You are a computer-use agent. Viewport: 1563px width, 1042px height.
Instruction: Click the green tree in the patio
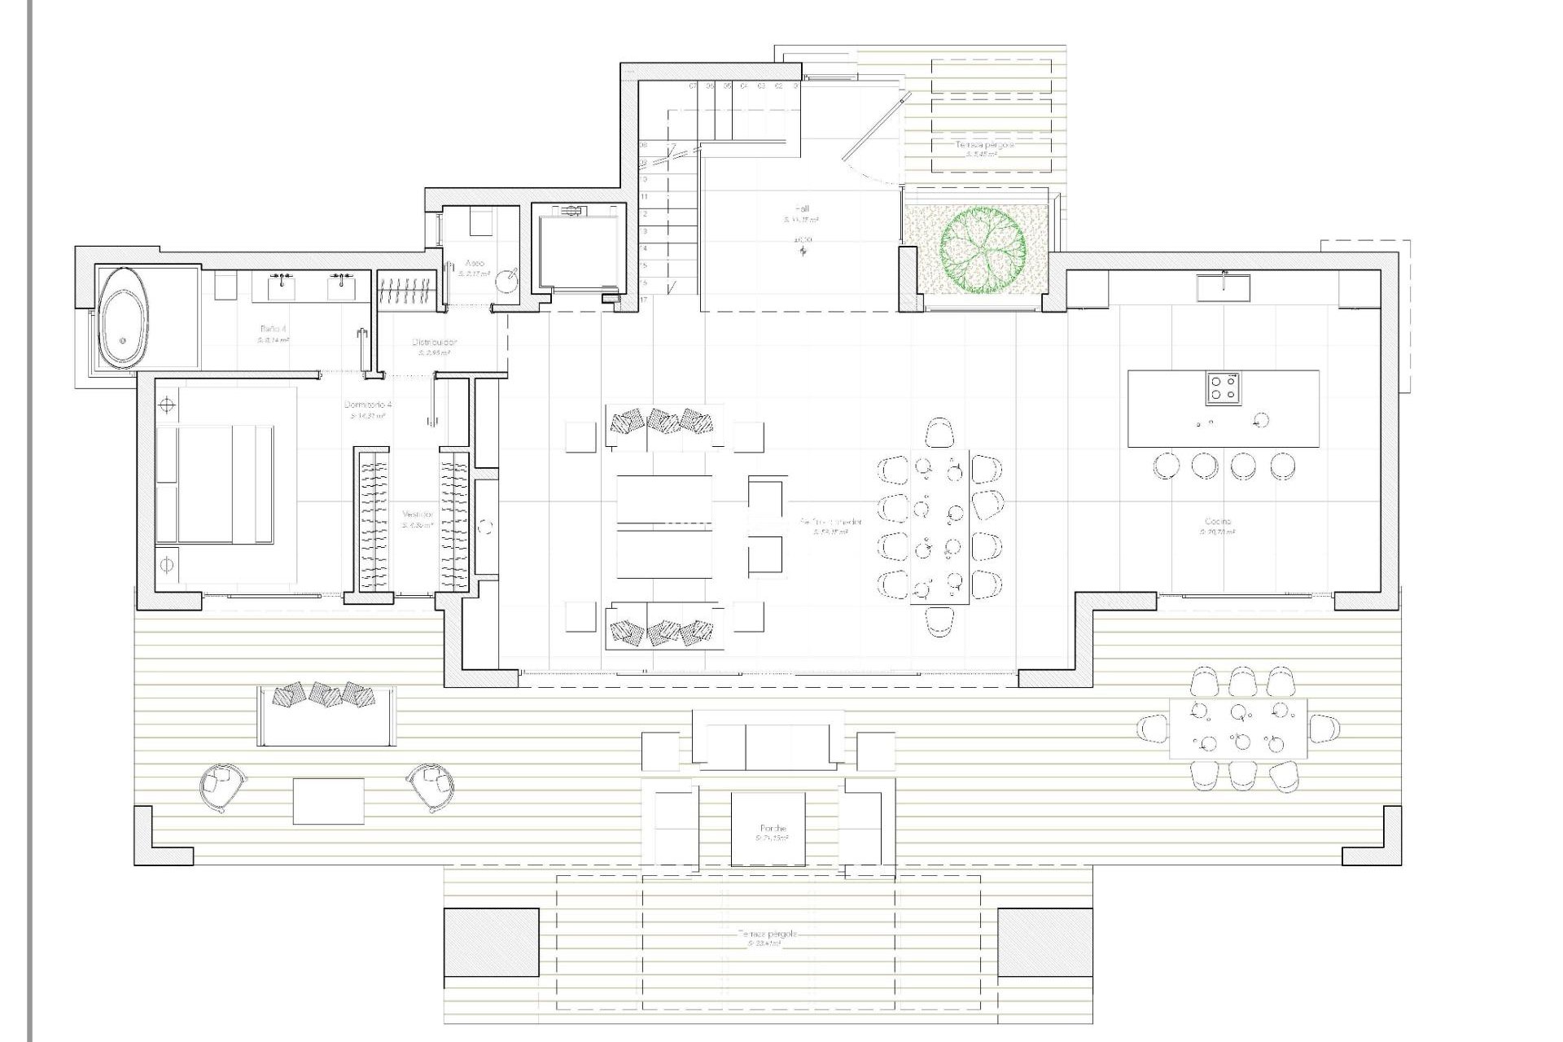click(983, 248)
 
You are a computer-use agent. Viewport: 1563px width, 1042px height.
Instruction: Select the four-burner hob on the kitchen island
click(1224, 388)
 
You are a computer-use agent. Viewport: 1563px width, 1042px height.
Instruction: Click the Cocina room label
click(1218, 522)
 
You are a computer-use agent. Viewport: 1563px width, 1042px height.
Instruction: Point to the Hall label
click(802, 209)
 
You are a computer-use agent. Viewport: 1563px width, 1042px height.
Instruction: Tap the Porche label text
click(773, 829)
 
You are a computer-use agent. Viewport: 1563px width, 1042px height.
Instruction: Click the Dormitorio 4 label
click(368, 405)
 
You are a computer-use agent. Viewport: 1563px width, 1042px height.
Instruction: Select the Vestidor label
click(418, 515)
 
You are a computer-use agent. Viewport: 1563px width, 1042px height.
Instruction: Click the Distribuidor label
click(434, 343)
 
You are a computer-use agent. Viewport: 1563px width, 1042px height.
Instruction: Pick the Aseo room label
click(475, 264)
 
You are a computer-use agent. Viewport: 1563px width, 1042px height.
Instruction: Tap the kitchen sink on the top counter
click(1224, 287)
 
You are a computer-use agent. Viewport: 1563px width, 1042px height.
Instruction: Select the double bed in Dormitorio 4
click(214, 484)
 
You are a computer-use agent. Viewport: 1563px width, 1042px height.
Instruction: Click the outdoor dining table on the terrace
click(1237, 729)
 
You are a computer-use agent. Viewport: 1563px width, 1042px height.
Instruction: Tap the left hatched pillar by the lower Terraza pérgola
click(491, 942)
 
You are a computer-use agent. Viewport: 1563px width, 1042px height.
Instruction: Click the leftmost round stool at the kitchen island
click(1166, 466)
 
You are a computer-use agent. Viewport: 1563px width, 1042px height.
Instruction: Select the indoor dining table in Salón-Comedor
click(939, 526)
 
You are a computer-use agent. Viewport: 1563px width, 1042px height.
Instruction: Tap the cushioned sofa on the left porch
click(326, 715)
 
